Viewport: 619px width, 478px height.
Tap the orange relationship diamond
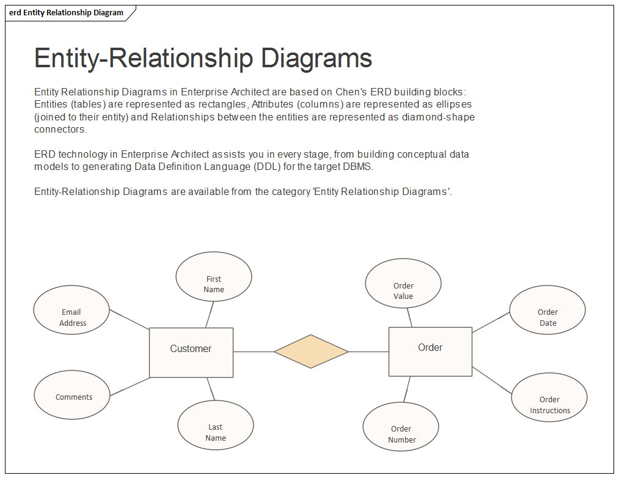[311, 351]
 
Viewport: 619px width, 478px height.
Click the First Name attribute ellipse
[213, 276]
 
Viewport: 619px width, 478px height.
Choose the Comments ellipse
[72, 395]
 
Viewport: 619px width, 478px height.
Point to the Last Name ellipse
[215, 425]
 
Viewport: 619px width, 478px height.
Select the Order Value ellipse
[403, 283]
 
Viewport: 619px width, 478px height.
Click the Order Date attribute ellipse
[547, 310]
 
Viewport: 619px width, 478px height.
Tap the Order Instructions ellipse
[549, 397]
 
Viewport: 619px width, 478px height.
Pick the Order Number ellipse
[401, 427]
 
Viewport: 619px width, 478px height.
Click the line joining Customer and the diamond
[254, 351]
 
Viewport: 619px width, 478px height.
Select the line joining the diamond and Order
[368, 351]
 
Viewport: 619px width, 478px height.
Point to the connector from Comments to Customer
[130, 386]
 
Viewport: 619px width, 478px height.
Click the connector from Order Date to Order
[491, 322]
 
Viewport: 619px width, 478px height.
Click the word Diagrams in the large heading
[317, 58]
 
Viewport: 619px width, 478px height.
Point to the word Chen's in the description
[351, 92]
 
